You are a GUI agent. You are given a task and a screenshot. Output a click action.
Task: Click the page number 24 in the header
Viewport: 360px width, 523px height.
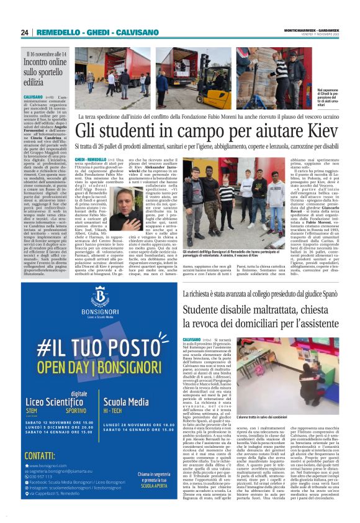point(25,32)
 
